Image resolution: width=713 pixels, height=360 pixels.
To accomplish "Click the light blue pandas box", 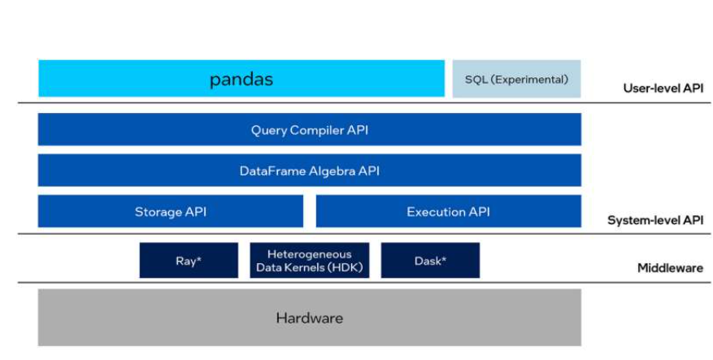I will pos(241,79).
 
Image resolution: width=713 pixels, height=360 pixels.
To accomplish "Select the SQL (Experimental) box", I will pos(516,79).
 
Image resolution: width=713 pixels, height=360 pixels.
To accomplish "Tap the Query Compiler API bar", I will pos(309,129).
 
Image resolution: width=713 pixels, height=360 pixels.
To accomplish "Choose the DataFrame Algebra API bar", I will pos(309,171).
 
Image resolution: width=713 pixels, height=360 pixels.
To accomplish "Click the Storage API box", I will pos(170,211).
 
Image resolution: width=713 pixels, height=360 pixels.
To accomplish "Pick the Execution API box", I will pos(448,211).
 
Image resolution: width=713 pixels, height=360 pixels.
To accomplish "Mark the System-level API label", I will pos(654,220).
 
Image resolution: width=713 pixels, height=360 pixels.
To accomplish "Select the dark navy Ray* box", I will pos(189,261).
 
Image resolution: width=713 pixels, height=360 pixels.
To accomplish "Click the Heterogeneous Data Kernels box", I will pos(309,261).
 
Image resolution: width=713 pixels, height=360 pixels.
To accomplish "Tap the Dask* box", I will pos(430,261).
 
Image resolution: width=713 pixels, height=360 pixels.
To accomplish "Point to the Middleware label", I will pos(670,268).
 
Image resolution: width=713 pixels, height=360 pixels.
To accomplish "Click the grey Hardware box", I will pos(309,318).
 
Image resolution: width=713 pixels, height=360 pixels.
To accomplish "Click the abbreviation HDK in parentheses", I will pos(346,267).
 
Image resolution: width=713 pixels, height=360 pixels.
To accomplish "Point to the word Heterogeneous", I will pos(309,254).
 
